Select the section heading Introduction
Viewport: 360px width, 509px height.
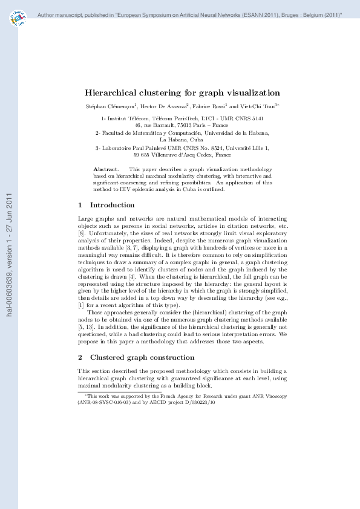(108, 205)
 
